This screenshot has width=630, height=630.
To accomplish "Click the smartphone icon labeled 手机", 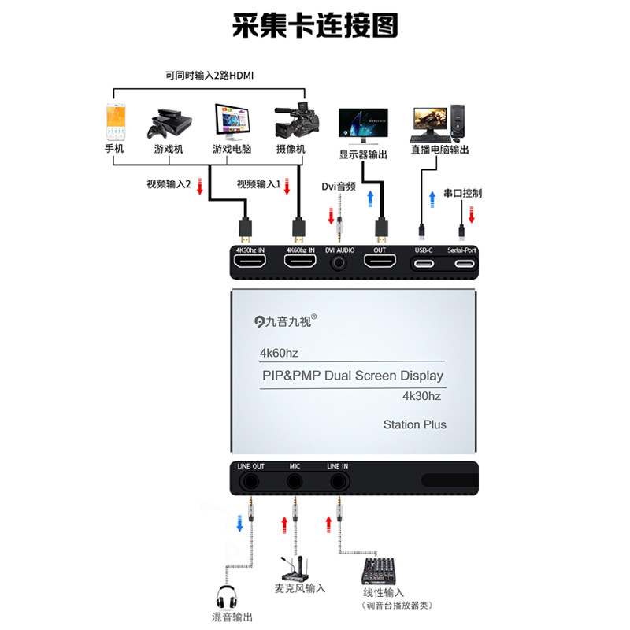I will coord(116,122).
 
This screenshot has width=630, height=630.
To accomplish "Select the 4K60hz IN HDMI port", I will coord(300,264).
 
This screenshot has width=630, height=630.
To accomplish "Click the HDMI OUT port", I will coord(380,264).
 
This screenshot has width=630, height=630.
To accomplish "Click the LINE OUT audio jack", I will coord(251,482).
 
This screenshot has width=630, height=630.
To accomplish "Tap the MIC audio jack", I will coord(295,482).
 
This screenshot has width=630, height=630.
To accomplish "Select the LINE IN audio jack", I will coord(338,482).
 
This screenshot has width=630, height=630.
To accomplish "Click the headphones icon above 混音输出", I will coord(226,596).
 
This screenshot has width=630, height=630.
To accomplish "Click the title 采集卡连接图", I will coord(315,25).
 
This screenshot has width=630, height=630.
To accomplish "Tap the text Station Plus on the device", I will coord(414,424).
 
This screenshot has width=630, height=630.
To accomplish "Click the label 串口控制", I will coord(462,192).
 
